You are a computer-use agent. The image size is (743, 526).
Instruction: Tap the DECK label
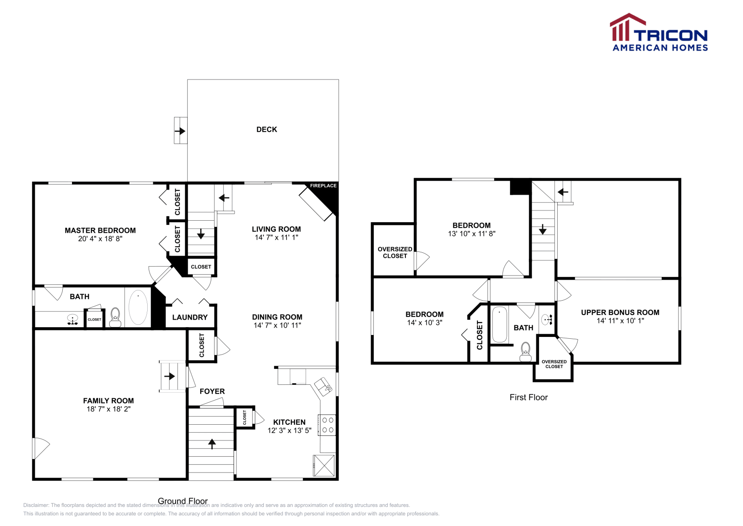pyautogui.click(x=267, y=130)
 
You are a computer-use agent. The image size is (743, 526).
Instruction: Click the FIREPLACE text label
pyautogui.click(x=323, y=186)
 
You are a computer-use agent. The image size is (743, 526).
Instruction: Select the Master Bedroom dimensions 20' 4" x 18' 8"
pyautogui.click(x=100, y=239)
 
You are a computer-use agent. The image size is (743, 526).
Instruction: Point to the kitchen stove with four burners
pyautogui.click(x=327, y=425)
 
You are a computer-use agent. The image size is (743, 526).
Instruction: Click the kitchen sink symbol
pyautogui.click(x=324, y=386)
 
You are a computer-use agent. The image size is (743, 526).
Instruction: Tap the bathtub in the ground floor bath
pyautogui.click(x=138, y=308)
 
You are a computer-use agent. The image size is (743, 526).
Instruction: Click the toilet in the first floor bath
pyautogui.click(x=526, y=351)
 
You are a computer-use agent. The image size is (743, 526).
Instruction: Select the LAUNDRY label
pyautogui.click(x=189, y=317)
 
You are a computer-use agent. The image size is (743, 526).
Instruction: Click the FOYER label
pyautogui.click(x=212, y=391)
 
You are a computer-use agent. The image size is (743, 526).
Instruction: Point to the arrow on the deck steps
pyautogui.click(x=180, y=131)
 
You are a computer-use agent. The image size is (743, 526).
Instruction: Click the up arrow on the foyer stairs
pyautogui.click(x=212, y=444)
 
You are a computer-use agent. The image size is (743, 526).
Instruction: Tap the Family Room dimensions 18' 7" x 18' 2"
pyautogui.click(x=109, y=409)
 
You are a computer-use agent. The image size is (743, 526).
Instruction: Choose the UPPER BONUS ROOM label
pyautogui.click(x=620, y=312)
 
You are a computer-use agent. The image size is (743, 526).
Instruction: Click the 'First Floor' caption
pyautogui.click(x=528, y=397)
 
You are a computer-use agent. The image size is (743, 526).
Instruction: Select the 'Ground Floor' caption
pyautogui.click(x=182, y=500)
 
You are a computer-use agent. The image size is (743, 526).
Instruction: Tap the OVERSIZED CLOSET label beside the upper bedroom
pyautogui.click(x=395, y=252)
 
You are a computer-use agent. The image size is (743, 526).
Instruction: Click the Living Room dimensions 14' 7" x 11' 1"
pyautogui.click(x=276, y=237)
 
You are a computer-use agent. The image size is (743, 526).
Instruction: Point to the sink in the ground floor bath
pyautogui.click(x=72, y=319)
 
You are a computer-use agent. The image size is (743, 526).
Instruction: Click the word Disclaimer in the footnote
pyautogui.click(x=36, y=505)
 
